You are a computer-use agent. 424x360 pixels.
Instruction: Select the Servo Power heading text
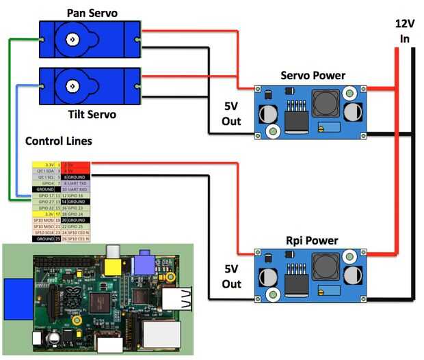[x=313, y=75]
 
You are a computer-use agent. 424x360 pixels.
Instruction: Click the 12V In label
[x=404, y=31]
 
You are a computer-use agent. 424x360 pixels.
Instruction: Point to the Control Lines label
[x=59, y=141]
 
